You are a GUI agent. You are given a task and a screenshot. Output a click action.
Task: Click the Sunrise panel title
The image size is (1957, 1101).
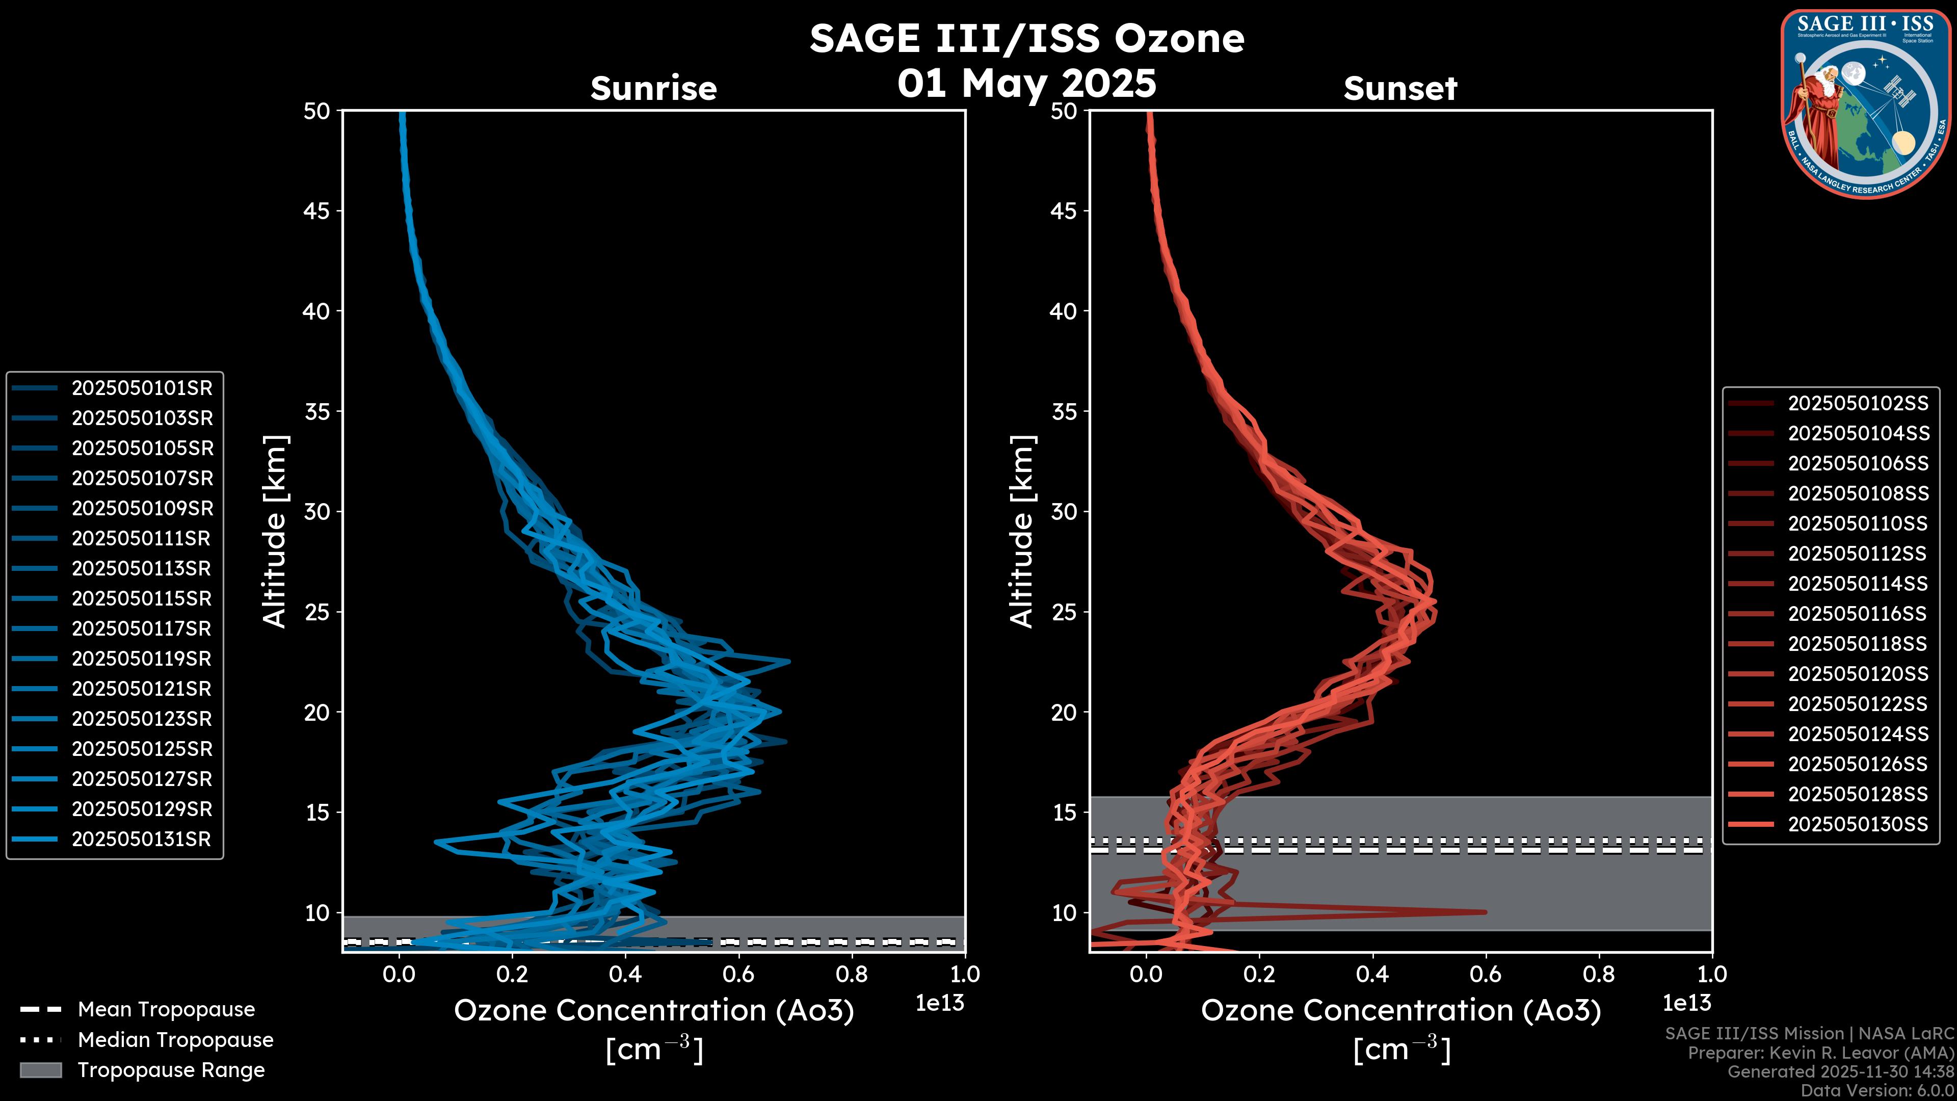click(653, 88)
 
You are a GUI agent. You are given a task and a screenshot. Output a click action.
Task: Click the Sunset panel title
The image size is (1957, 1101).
click(1400, 88)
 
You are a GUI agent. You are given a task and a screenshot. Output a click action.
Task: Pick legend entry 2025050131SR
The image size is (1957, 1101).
click(141, 840)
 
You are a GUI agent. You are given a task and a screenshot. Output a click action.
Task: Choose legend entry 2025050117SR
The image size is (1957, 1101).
click(141, 629)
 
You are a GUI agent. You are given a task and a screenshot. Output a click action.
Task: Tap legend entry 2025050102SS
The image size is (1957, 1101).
click(1858, 404)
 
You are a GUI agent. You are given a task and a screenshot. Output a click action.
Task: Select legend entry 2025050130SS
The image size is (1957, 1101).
click(1858, 824)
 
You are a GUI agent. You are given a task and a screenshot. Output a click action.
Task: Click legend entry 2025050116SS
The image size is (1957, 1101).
click(1858, 614)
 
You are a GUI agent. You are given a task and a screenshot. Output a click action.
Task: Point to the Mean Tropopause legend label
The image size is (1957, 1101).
click(166, 1010)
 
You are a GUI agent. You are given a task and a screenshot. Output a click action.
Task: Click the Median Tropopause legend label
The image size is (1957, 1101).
click(175, 1040)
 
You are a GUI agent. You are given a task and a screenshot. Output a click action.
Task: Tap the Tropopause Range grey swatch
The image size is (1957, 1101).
click(40, 1070)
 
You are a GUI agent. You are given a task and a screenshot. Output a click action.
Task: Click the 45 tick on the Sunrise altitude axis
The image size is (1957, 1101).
click(317, 211)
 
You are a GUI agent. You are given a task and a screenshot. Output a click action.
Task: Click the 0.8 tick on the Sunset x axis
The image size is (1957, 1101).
click(1598, 974)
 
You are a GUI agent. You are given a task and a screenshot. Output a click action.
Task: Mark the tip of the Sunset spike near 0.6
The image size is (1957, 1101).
click(1485, 912)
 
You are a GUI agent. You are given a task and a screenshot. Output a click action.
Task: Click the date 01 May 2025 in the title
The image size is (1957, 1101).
click(1026, 84)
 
